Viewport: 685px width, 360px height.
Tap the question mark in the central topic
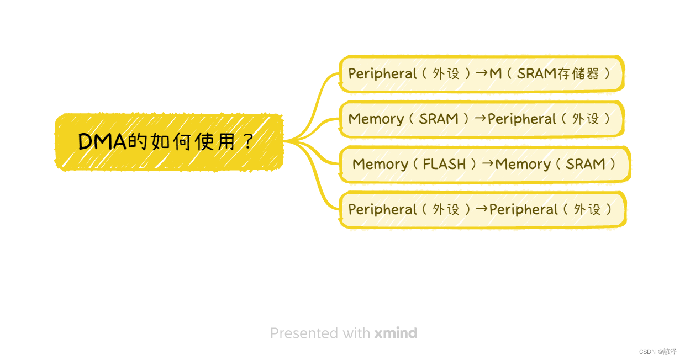coord(247,142)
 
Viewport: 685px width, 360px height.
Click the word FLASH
coord(444,164)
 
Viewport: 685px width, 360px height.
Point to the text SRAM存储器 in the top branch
coord(558,73)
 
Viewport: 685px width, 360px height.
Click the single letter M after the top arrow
coord(496,73)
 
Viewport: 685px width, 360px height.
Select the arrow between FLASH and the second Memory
coord(488,163)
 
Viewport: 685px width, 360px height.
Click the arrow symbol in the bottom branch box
coord(482,209)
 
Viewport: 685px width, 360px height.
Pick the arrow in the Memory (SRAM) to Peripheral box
coord(481,118)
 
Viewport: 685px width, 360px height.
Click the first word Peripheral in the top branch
coord(382,73)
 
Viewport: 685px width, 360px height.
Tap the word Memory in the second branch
coord(376,119)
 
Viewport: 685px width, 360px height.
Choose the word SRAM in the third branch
coord(585,164)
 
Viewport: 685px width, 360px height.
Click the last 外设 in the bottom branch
coord(587,209)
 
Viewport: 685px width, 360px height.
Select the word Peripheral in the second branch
coord(522,119)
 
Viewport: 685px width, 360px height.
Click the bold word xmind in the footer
coord(396,333)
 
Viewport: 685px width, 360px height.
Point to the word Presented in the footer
coord(304,333)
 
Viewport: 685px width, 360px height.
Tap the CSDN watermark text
coord(657,352)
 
